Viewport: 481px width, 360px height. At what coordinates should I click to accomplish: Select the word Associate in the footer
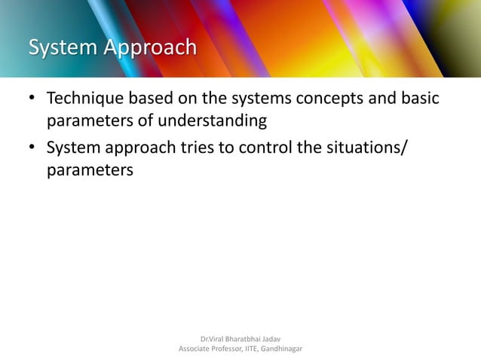pos(195,349)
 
